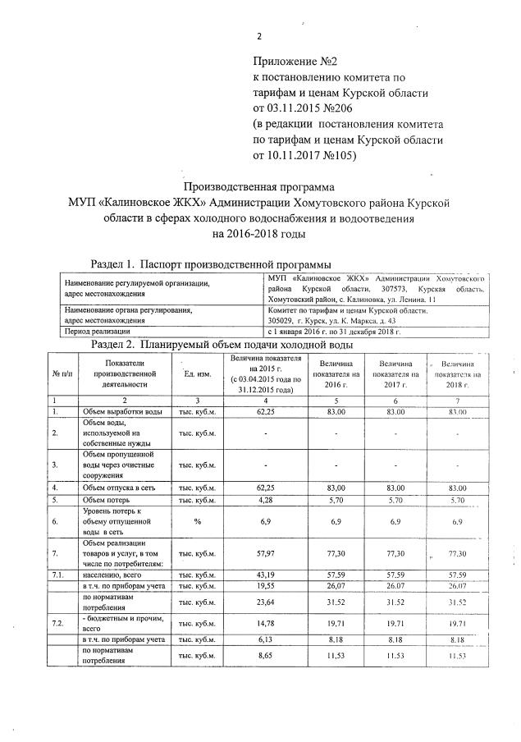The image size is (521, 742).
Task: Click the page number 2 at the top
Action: click(x=258, y=36)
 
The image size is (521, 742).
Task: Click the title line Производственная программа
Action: click(x=259, y=185)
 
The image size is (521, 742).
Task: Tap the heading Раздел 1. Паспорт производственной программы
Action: click(x=210, y=264)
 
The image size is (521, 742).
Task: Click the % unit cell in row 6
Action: click(x=197, y=520)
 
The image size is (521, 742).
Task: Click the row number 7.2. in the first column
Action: click(x=57, y=623)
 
